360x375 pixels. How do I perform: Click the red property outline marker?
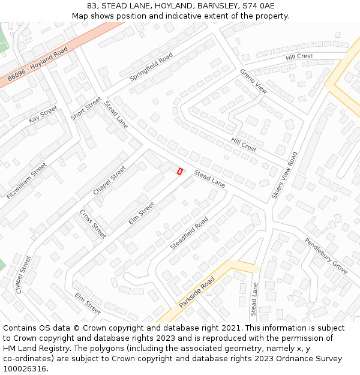click(179, 172)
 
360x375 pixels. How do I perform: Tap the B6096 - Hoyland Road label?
click(38, 65)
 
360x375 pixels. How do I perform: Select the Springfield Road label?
click(151, 67)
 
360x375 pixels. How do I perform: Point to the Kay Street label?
click(43, 115)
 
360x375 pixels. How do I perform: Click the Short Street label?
click(86, 109)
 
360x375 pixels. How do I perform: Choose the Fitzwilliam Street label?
click(27, 181)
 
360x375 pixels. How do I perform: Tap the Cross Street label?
click(93, 224)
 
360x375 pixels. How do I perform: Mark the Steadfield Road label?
click(189, 233)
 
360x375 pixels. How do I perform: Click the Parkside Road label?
click(197, 292)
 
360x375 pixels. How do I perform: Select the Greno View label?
click(253, 81)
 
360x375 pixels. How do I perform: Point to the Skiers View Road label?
click(284, 175)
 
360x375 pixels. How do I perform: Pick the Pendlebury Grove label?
click(326, 256)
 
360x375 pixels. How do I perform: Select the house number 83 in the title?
click(92, 5)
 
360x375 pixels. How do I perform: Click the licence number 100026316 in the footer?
click(25, 368)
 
